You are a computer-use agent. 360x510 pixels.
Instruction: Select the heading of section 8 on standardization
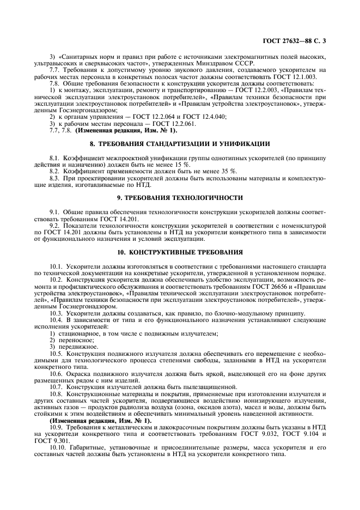coord(180,144)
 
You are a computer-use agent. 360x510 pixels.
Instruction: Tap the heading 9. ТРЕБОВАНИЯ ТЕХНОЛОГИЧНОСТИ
coord(180,197)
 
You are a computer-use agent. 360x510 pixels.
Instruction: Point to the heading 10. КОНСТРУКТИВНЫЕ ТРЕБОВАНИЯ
coord(180,252)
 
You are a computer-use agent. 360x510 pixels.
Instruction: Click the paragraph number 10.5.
coord(57,338)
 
